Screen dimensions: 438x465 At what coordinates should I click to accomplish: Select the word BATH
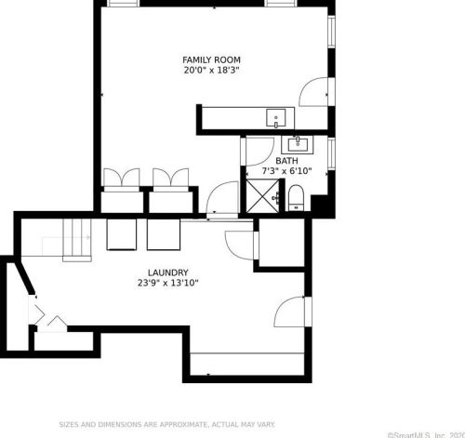(x=286, y=161)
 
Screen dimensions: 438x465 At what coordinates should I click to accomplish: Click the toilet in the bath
(x=296, y=197)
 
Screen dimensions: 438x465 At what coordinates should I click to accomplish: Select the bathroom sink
(x=298, y=144)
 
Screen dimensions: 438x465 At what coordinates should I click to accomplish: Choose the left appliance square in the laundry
(x=122, y=234)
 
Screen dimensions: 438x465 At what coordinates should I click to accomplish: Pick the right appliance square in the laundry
(x=162, y=234)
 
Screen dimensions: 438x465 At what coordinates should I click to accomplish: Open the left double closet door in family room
(x=122, y=178)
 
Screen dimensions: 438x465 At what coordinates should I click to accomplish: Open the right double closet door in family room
(x=171, y=178)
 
